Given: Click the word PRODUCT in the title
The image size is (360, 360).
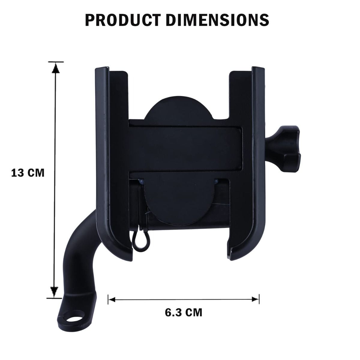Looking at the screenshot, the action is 123,20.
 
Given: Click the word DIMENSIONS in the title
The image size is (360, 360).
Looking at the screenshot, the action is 217,20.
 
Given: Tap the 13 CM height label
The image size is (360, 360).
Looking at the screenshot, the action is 28,173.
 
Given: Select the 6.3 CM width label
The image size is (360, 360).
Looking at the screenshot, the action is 184,312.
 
